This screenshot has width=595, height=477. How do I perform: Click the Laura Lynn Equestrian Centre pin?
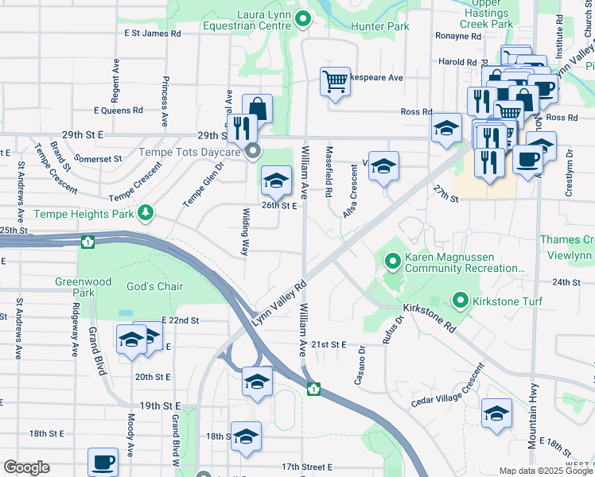302,20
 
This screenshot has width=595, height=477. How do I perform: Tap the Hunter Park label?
379,26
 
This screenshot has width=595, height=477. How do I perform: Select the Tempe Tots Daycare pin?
253,152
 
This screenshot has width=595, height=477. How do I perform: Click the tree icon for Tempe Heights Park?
145,212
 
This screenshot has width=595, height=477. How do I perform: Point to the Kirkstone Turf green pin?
460,300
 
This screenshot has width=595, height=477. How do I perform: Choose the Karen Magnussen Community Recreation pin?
392,261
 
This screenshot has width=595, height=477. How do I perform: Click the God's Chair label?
154,286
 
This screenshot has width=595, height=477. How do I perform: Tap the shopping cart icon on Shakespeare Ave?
335,80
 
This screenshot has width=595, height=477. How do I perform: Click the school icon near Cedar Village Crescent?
496,413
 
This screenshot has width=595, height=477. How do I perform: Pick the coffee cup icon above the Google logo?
103,461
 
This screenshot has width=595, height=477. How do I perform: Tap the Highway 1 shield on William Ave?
314,389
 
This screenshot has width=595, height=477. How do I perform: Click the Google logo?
26,468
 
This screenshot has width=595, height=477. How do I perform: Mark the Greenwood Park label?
74,287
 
